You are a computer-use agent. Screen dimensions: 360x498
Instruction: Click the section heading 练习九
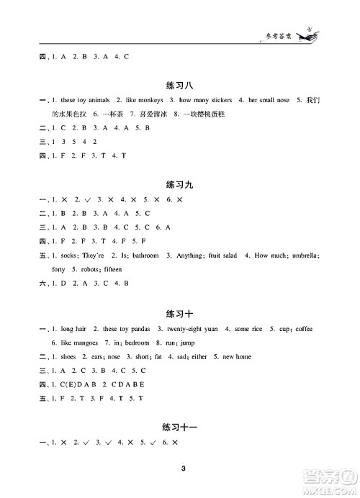(179, 184)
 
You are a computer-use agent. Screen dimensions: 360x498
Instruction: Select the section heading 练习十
(179, 313)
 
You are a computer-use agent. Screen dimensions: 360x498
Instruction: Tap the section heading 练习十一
(179, 427)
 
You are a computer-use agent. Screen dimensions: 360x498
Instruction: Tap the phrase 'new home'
(237, 356)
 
